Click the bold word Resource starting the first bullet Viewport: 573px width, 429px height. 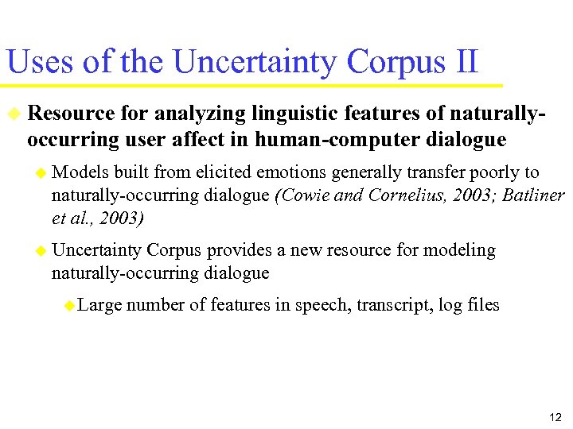tap(68, 114)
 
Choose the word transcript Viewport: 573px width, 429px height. tap(388, 305)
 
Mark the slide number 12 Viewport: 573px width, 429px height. tap(555, 417)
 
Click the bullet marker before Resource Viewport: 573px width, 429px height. tap(14, 115)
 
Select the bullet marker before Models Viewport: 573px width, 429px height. tap(41, 173)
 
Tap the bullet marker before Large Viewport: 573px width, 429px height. tap(70, 306)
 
